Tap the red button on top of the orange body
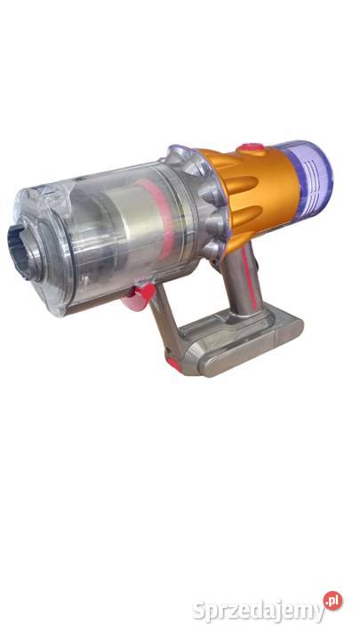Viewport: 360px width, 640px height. coord(252,149)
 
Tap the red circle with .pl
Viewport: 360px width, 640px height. coord(332,601)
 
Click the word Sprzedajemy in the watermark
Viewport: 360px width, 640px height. coord(258,611)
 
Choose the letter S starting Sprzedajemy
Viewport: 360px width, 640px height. coord(199,610)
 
